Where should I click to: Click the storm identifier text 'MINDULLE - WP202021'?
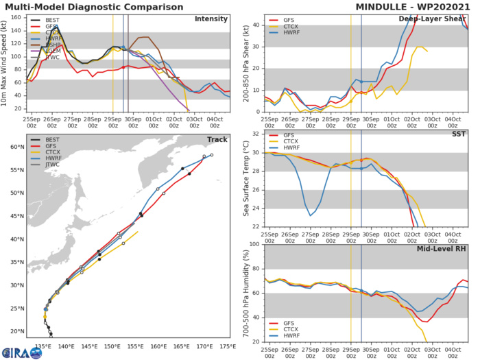point(412,7)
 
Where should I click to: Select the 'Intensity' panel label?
point(212,19)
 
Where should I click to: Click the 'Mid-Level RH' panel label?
point(442,250)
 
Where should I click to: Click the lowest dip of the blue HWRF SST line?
point(311,215)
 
